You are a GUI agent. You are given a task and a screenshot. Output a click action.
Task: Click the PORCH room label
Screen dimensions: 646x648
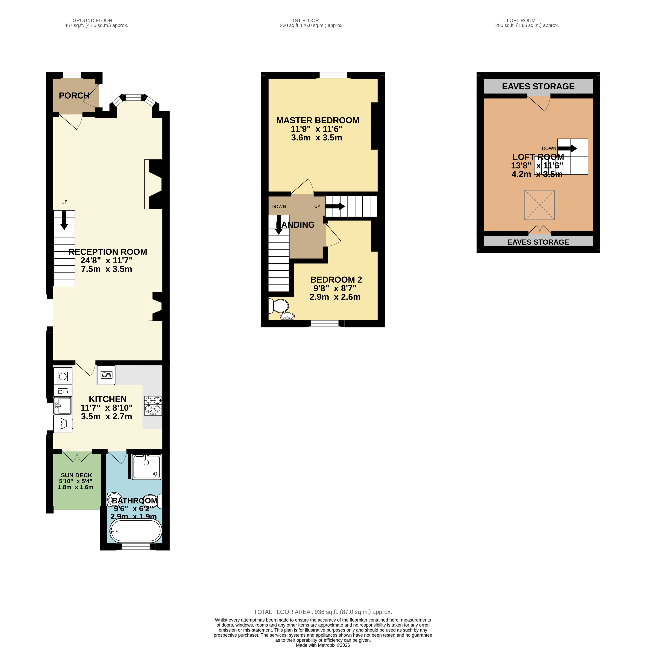point(74,96)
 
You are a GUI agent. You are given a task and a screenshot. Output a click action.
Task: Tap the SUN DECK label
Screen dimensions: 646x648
point(77,475)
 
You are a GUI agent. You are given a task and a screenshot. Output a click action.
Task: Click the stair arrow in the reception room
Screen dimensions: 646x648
point(64,220)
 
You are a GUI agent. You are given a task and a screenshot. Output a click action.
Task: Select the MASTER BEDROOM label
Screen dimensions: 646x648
point(318,120)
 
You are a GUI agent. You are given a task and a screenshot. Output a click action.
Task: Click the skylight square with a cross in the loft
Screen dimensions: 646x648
point(539,205)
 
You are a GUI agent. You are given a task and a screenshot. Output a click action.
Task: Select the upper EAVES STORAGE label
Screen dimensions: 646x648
point(538,86)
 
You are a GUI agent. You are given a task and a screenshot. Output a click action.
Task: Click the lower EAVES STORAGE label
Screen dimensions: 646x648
point(538,242)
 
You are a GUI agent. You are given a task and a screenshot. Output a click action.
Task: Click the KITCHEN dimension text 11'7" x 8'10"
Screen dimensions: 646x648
point(107,408)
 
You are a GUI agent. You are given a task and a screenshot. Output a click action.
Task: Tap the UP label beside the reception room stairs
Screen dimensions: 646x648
point(64,202)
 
